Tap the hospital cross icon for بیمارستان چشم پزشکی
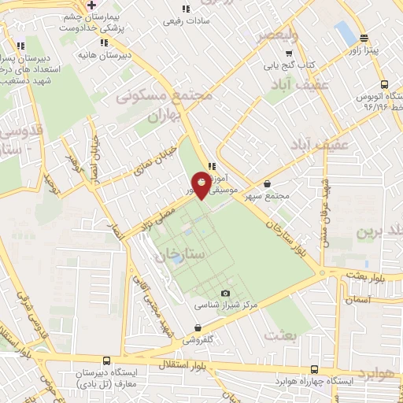pyautogui.click(x=92, y=5)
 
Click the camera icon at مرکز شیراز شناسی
pyautogui.click(x=226, y=293)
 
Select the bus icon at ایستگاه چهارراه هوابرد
pyautogui.click(x=315, y=369)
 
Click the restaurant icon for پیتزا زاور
pyautogui.click(x=363, y=39)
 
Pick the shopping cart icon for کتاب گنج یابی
pyautogui.click(x=298, y=52)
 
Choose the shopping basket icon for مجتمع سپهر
pyautogui.click(x=268, y=183)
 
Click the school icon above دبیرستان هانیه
pyautogui.click(x=105, y=43)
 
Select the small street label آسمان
pyautogui.click(x=357, y=301)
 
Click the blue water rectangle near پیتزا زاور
pyautogui.click(x=345, y=33)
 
